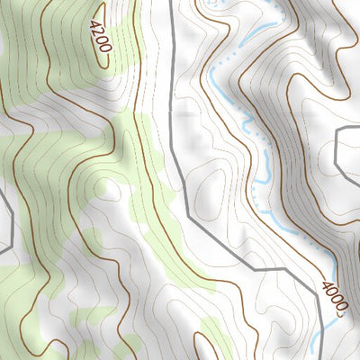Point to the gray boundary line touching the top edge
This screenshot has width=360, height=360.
point(170,4)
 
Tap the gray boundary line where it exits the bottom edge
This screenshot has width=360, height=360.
point(321,355)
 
